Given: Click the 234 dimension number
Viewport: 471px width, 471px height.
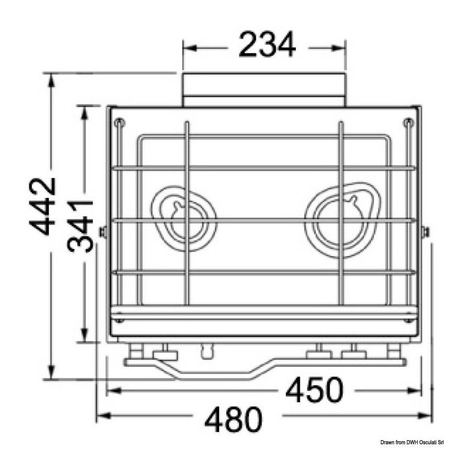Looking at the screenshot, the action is [x=267, y=45].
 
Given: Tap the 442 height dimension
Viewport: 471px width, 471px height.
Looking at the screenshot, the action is [x=43, y=206].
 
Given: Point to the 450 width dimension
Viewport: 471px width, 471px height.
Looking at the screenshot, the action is [x=314, y=390].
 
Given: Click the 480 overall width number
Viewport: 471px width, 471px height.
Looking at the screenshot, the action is [x=233, y=419].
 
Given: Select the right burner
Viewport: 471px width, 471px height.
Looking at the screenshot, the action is [x=342, y=220].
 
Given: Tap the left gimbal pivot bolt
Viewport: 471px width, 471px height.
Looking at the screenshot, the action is [x=103, y=232].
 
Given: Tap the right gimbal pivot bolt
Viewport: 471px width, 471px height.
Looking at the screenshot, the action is [x=425, y=232].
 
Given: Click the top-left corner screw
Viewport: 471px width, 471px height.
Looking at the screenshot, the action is [x=120, y=122].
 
